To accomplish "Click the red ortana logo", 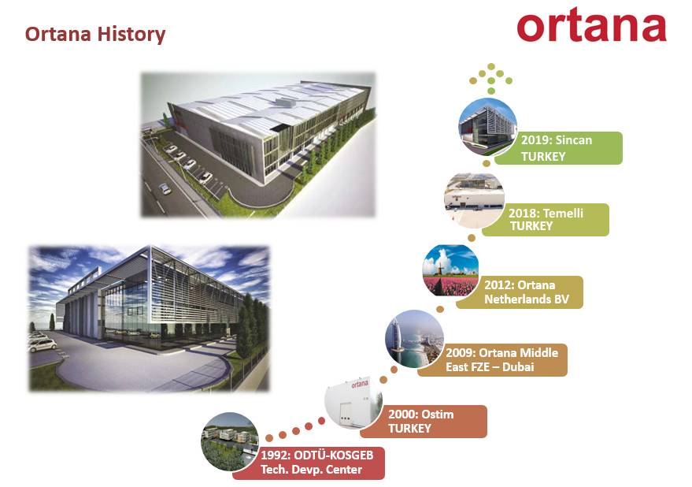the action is (x=591, y=25).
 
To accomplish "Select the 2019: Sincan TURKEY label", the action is (x=558, y=148).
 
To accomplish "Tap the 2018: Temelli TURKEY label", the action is (x=546, y=220).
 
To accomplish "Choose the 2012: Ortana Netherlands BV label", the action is (x=520, y=292).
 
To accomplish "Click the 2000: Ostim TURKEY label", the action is (x=424, y=422).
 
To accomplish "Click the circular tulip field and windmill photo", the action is (x=450, y=270).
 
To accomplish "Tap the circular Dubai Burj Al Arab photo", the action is (x=414, y=339).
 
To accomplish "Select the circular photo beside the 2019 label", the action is (x=487, y=127).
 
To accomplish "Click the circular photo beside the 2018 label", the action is (x=474, y=201).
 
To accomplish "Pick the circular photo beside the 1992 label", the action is (x=230, y=441).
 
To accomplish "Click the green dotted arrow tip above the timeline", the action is (x=491, y=66).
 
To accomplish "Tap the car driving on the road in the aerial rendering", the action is (x=165, y=188).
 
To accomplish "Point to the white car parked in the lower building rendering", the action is (x=43, y=344).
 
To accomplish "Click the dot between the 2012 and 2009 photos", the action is (x=440, y=309).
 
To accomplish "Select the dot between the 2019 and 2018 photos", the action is (x=487, y=163).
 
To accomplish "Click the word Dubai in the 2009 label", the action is (x=518, y=366).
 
